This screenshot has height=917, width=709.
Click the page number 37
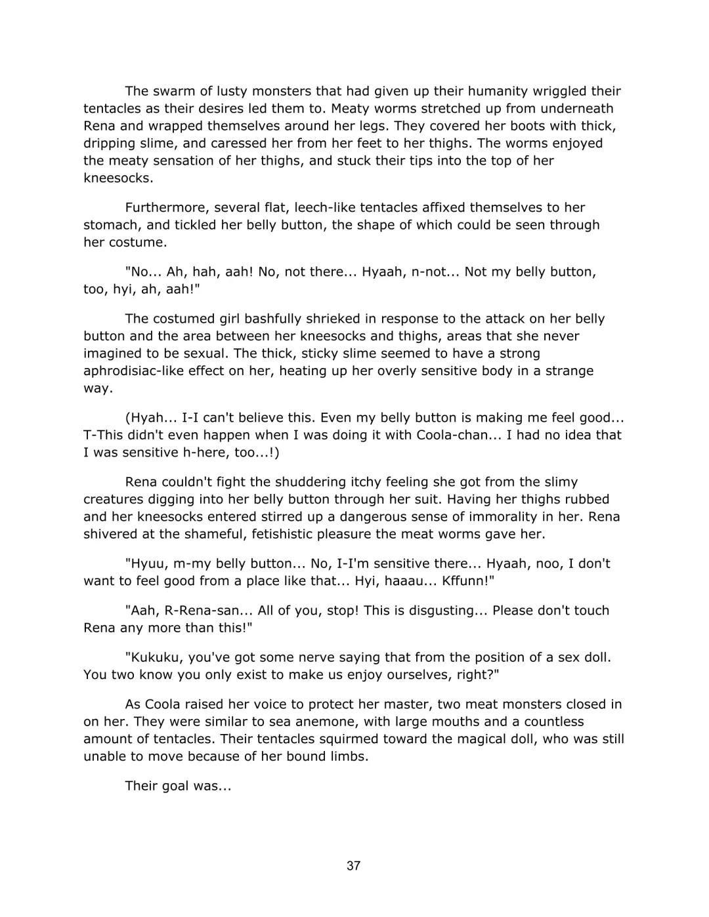pyautogui.click(x=353, y=866)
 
